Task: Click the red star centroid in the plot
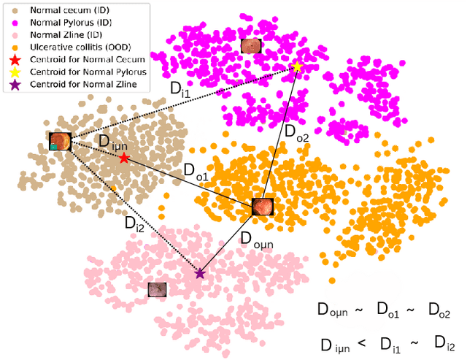coord(124,158)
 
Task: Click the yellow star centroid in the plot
coord(297,67)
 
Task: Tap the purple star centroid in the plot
coord(200,273)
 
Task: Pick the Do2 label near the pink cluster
coord(297,134)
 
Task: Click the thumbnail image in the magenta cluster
coord(250,47)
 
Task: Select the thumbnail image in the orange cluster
coord(262,207)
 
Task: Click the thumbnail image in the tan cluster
coord(60,142)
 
